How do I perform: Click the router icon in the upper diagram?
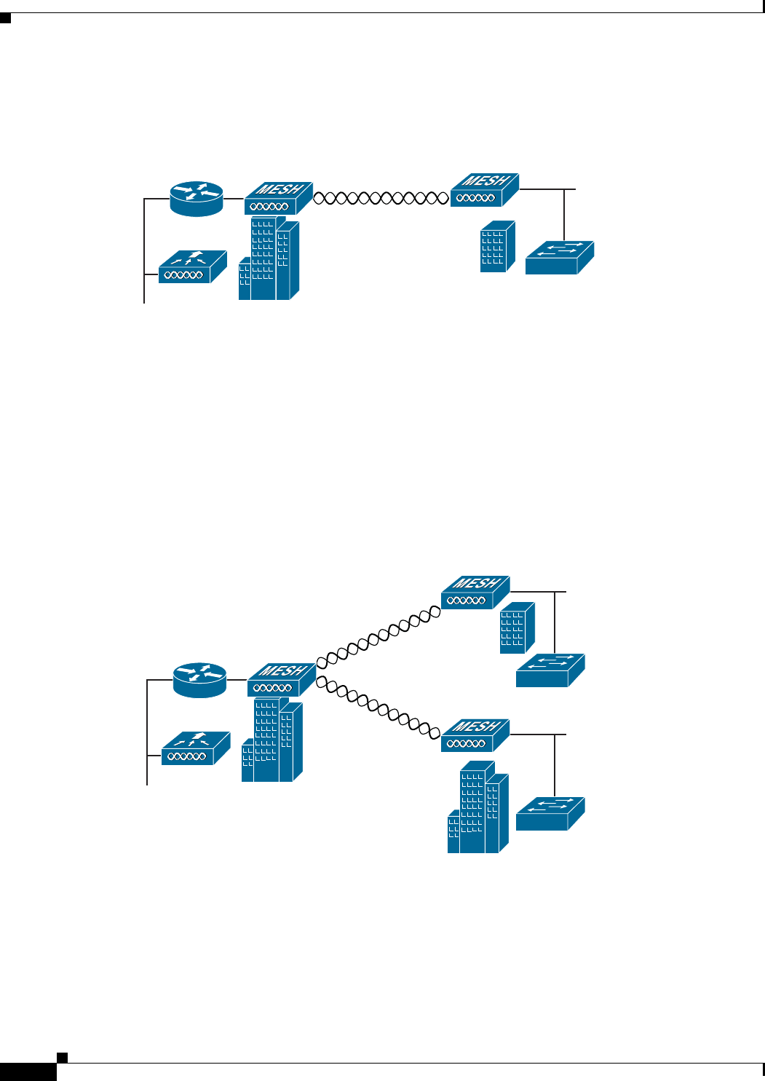tap(197, 199)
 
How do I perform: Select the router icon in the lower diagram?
tap(199, 680)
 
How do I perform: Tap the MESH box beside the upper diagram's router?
tap(277, 198)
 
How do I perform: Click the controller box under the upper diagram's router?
tap(192, 267)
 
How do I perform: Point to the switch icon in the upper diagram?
tap(559, 258)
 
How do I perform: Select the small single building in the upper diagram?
tap(498, 247)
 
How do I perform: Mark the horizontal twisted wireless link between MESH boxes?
tap(381, 197)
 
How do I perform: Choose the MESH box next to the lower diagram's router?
tap(281, 679)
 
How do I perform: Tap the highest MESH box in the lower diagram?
tap(475, 592)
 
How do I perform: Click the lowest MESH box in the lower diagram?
tap(475, 735)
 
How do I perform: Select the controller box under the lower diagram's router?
tap(195, 748)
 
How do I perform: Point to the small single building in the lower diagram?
tap(518, 627)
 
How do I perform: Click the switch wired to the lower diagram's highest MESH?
tap(550, 670)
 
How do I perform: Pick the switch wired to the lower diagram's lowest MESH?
tap(550, 814)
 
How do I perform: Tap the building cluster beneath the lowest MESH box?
tap(478, 807)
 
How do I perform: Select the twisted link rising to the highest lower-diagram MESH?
tap(378, 636)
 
